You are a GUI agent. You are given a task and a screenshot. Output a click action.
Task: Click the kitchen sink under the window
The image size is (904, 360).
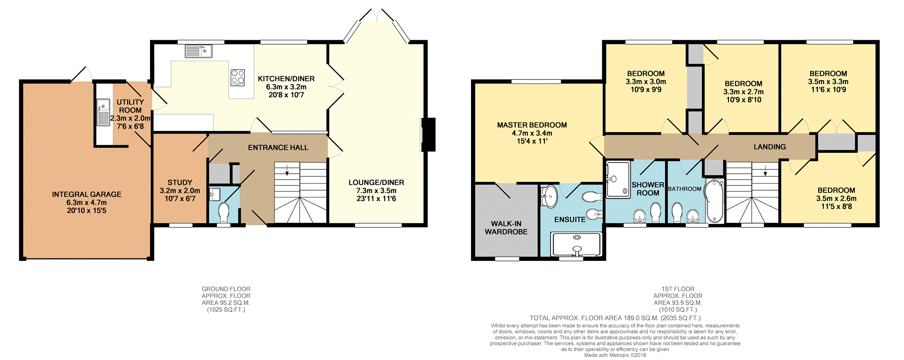(198, 51)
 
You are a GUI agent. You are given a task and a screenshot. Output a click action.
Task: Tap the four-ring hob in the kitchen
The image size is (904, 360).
(237, 78)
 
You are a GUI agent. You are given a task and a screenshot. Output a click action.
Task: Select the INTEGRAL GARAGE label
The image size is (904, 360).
(87, 194)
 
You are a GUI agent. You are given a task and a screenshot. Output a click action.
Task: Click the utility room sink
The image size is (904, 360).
(103, 112)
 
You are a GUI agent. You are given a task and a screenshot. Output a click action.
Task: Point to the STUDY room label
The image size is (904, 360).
(180, 182)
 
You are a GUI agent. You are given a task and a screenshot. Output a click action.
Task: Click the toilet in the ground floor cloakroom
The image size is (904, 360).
(224, 212)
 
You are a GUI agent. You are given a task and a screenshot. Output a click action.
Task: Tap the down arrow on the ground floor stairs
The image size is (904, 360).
(287, 171)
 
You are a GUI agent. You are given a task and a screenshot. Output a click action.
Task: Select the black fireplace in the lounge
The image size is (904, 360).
(429, 134)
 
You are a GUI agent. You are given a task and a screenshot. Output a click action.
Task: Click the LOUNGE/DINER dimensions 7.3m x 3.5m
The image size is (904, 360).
(376, 191)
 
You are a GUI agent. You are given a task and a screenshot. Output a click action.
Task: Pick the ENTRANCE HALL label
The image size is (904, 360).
(278, 147)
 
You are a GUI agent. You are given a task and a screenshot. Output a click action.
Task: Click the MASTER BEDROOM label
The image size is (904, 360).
(532, 125)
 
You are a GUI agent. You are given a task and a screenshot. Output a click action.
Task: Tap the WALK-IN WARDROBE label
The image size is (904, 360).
(506, 228)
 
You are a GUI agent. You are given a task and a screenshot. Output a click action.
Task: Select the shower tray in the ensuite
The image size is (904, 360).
(576, 244)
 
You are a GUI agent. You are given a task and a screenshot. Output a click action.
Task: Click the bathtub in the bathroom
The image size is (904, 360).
(714, 201)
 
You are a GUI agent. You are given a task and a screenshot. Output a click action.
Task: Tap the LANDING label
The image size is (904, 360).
(770, 147)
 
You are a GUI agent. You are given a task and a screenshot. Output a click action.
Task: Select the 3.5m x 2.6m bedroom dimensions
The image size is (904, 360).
(836, 198)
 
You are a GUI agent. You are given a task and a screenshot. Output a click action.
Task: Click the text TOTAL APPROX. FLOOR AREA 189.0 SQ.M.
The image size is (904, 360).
(615, 318)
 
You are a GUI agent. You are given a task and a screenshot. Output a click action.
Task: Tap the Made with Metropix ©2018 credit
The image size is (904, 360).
(615, 355)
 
